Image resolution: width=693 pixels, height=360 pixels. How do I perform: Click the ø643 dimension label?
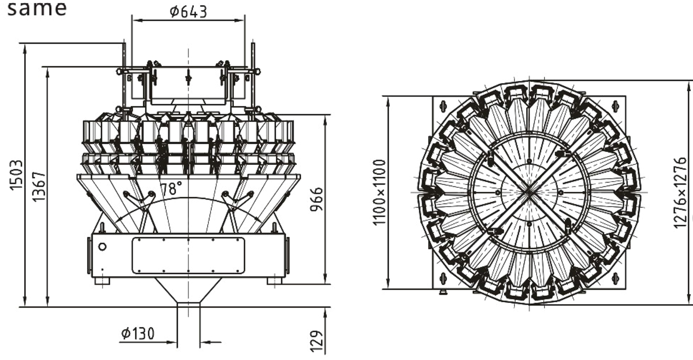coord(188,12)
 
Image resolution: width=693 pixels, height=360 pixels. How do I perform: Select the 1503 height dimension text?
coord(16,175)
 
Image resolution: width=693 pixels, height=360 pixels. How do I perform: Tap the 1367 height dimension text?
coord(39,187)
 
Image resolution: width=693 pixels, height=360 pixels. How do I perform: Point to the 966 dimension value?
coord(316,199)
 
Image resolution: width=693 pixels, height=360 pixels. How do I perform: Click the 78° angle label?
coord(171,188)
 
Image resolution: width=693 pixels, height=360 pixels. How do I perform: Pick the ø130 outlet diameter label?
coord(137,334)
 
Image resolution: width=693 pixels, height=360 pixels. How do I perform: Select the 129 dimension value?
coord(316,341)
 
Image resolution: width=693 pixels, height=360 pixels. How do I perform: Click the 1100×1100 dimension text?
coord(379,192)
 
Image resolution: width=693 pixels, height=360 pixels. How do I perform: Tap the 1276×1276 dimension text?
coord(680,193)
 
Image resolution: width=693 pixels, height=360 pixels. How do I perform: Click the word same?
coord(37,8)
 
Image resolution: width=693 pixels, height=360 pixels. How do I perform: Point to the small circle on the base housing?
coord(102,247)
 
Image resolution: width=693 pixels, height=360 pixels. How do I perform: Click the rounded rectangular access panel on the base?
coord(189,256)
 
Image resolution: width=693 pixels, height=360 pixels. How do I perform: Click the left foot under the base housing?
coord(102,281)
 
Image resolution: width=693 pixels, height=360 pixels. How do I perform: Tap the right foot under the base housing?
coord(275,281)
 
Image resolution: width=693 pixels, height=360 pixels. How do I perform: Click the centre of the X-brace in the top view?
coord(529,192)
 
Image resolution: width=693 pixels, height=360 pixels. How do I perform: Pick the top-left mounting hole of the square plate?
coord(443,106)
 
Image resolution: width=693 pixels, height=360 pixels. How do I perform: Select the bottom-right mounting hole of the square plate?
coord(615,278)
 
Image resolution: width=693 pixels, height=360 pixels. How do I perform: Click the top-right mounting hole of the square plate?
coord(615,106)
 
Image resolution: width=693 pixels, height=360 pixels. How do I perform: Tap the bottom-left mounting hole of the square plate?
coord(443,278)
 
